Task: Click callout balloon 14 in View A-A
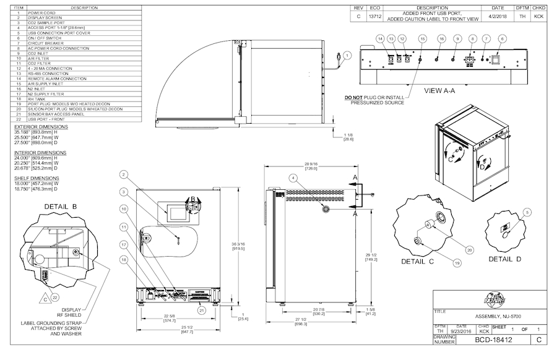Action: coord(380,38)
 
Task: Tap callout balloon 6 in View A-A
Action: coord(502,38)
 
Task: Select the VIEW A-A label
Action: coord(440,90)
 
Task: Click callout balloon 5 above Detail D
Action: coord(527,212)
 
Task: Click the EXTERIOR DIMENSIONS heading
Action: coord(41,127)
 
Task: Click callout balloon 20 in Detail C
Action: coord(469,249)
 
